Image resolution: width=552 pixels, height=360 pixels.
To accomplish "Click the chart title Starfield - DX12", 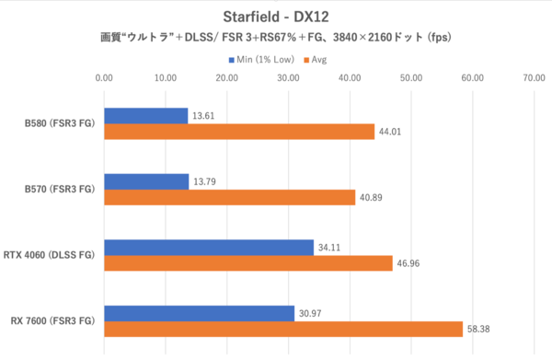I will pos(276,17).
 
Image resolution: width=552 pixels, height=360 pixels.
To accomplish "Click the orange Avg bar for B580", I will pos(239,132).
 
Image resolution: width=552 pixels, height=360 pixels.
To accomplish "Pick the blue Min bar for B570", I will pos(146,181).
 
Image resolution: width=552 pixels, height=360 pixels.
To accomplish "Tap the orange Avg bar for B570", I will pos(229,197).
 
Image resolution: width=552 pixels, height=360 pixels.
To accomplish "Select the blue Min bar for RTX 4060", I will pos(209,248).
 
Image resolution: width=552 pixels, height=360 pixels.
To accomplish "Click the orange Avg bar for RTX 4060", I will pos(248,263).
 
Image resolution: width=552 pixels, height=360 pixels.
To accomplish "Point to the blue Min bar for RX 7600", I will pos(199,313).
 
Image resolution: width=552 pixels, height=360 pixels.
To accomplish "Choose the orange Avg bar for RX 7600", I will pos(283,329).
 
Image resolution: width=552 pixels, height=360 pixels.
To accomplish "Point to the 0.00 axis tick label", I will pos(104,79).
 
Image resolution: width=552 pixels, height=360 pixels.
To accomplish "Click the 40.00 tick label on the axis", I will pos(350,79).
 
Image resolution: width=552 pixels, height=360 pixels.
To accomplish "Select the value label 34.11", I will pos(329,248).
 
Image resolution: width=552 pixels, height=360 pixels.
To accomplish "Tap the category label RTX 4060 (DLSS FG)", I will pos(54,256).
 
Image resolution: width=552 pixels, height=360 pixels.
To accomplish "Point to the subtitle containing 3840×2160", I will pos(276,39).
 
